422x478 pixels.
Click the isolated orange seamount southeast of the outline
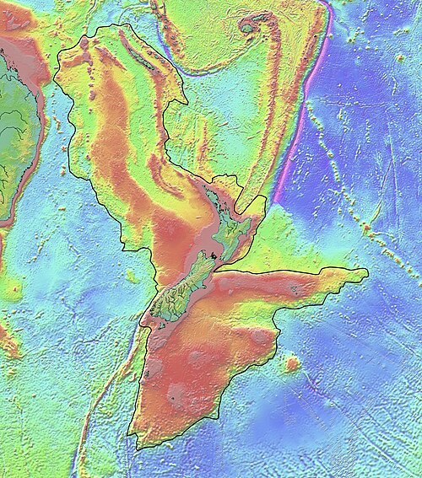point(292,365)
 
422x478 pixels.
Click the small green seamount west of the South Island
point(130,277)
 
